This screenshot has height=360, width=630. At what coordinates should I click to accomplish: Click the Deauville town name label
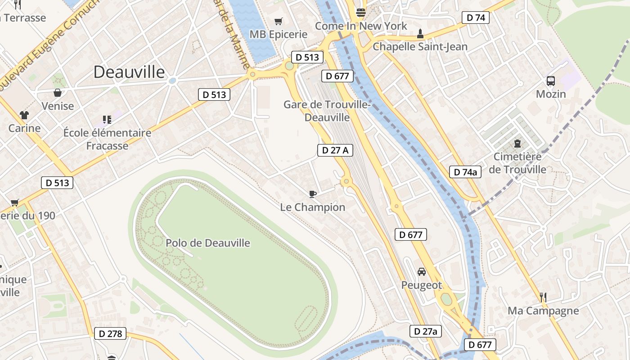(129, 72)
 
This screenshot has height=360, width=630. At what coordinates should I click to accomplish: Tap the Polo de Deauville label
(208, 243)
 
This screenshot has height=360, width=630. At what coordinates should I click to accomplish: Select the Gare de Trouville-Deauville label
(327, 111)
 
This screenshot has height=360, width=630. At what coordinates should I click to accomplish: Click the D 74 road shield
(476, 18)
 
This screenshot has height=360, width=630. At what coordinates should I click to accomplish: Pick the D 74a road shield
(465, 171)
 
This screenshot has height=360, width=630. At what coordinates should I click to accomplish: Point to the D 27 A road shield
(336, 150)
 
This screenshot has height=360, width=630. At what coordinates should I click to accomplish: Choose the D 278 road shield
(110, 333)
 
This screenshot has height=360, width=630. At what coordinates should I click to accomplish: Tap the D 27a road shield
(426, 331)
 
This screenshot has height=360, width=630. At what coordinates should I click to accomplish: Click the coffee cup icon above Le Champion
(313, 194)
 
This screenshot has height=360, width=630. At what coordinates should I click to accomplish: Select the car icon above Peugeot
(422, 272)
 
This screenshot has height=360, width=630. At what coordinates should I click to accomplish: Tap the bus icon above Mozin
(551, 81)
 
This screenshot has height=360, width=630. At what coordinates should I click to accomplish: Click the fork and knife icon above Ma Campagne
(543, 297)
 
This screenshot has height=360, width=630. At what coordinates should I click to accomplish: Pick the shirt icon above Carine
(24, 115)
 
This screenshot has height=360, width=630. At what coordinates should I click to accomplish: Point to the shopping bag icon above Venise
(58, 93)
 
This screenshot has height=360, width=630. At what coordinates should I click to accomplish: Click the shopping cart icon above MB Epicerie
(279, 21)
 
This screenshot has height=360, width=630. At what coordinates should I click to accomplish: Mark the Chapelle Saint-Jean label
(420, 46)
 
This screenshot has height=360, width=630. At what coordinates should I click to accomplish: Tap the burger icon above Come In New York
(360, 12)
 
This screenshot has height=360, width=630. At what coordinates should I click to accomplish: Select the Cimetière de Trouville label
(517, 163)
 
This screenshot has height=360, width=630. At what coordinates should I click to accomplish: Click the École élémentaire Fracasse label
(107, 139)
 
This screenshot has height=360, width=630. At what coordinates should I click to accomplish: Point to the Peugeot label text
(422, 285)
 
